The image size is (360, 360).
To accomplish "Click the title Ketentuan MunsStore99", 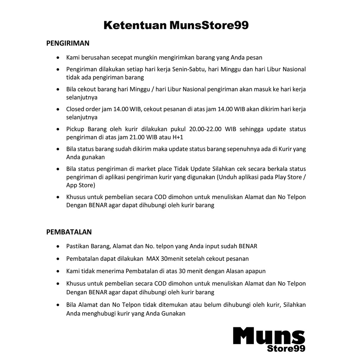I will click(176, 25).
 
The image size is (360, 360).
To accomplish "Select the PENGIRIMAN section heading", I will click(68, 43).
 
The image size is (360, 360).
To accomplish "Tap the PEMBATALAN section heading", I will click(69, 232).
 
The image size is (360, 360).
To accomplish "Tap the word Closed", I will click(75, 109).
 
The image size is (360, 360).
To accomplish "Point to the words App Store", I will click(81, 185).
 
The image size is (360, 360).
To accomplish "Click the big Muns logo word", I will click(269, 336).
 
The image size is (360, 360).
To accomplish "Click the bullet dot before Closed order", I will click(58, 109).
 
